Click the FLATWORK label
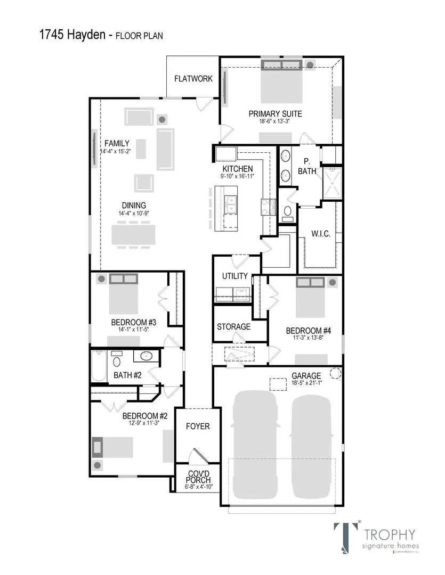point(193,79)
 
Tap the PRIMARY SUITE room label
point(275,113)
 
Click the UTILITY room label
point(234,276)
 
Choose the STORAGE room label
point(233,326)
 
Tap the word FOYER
point(198,426)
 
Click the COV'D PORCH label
point(198,477)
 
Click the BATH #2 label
point(128,375)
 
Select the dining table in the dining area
point(133,234)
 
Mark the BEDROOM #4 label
point(301,330)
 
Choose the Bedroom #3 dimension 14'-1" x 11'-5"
point(133,330)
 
